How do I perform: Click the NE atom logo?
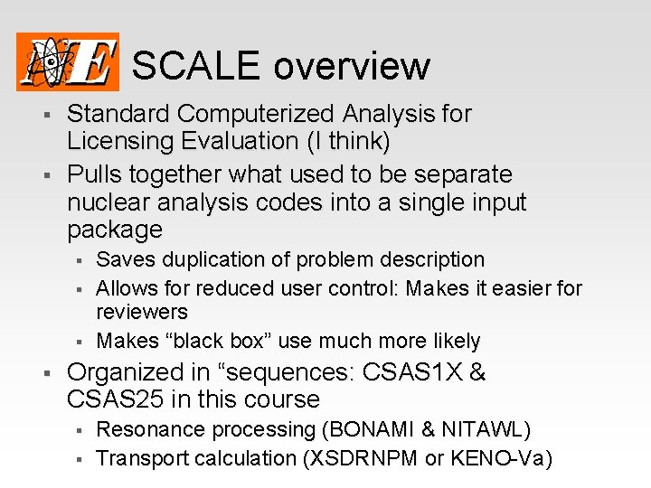[x=68, y=61]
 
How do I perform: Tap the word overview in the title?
[x=352, y=66]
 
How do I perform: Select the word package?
[x=115, y=230]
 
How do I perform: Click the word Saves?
[x=124, y=260]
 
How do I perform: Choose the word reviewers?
[x=142, y=313]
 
